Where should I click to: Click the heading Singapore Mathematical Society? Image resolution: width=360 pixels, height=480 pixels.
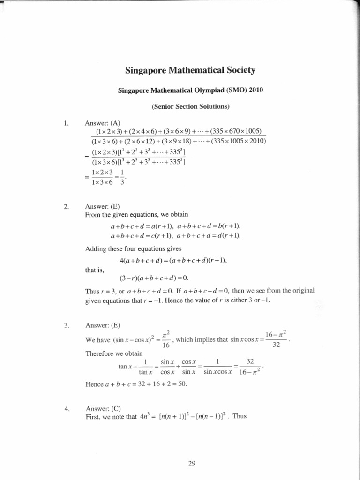(x=190, y=71)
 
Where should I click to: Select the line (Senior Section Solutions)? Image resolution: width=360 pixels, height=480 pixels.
(x=190, y=107)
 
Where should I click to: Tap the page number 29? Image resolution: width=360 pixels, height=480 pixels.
(x=191, y=464)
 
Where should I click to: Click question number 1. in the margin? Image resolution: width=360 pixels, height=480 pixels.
(x=66, y=123)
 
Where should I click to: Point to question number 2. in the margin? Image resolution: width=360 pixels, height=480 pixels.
(x=66, y=206)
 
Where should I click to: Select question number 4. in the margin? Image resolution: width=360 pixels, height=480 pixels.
(x=66, y=408)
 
